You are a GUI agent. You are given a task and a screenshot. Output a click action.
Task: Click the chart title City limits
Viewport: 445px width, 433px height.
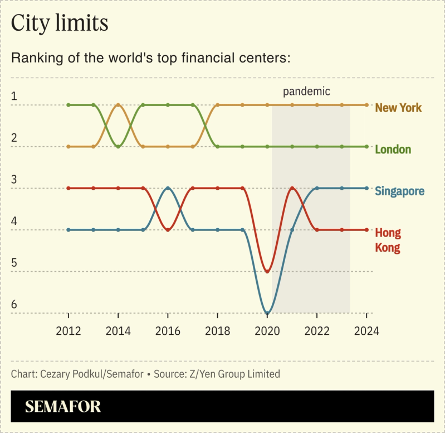[x=60, y=23]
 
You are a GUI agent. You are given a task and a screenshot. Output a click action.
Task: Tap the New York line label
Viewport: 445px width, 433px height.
[x=398, y=108]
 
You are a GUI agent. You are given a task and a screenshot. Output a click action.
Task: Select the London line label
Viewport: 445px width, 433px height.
[x=393, y=150]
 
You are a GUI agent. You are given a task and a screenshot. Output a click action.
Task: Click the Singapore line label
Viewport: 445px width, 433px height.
[x=399, y=191]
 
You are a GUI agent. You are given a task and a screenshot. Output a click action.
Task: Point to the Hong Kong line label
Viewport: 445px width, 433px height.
[x=388, y=240]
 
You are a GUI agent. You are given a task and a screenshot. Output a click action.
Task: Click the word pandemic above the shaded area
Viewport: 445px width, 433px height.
[x=306, y=91]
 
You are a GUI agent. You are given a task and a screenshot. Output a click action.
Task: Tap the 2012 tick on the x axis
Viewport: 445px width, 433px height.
[x=69, y=330]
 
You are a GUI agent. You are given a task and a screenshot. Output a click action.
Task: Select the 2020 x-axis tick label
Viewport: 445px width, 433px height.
[x=267, y=330]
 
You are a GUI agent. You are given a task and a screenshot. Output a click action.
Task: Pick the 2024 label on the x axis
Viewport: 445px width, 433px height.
[x=366, y=330]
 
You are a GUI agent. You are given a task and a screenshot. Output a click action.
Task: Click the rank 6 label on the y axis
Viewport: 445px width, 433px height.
[x=14, y=305]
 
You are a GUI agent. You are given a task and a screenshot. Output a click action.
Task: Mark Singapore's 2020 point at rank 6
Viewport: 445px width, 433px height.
[x=267, y=313]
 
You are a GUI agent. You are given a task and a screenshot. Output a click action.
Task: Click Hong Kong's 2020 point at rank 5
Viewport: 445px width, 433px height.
[x=267, y=272]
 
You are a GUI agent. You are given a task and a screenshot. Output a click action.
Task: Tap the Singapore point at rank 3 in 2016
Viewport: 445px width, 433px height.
[x=168, y=188]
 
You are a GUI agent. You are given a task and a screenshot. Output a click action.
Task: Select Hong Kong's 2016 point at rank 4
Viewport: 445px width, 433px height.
[x=168, y=230]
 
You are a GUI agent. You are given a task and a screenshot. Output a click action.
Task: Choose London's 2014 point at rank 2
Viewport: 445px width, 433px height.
[x=118, y=146]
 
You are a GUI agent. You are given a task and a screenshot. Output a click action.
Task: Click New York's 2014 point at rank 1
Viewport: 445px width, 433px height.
[x=118, y=105]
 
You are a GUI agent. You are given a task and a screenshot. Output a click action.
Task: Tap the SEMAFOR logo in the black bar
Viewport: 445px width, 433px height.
[x=63, y=406]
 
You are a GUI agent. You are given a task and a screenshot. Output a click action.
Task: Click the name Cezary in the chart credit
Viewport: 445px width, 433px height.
[x=56, y=374]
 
